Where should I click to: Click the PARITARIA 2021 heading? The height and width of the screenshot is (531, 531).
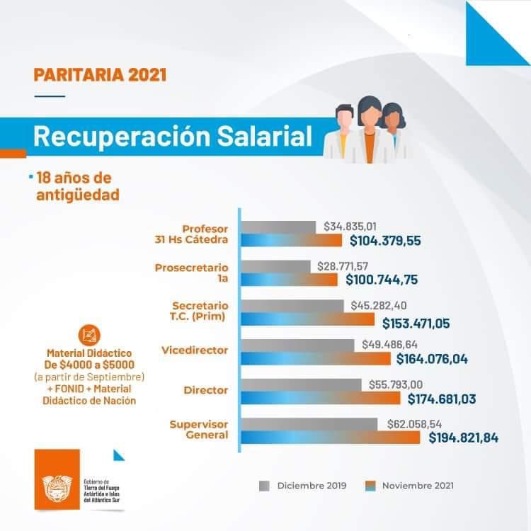point(100,74)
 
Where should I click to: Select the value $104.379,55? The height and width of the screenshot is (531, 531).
point(385,241)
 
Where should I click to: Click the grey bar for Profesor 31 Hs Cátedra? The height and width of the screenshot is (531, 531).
point(279,227)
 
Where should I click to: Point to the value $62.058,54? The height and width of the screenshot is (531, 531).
point(420,423)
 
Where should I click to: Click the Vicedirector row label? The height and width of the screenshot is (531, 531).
point(194,350)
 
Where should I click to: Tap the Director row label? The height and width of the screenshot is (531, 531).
point(205,390)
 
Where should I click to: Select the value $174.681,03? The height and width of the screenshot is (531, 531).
point(441,399)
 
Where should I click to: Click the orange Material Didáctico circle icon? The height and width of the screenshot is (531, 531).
point(89,334)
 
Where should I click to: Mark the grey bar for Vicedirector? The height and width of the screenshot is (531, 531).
point(298,345)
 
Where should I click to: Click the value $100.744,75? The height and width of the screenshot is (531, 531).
point(382,280)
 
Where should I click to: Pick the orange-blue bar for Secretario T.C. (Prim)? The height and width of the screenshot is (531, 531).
point(308,319)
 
